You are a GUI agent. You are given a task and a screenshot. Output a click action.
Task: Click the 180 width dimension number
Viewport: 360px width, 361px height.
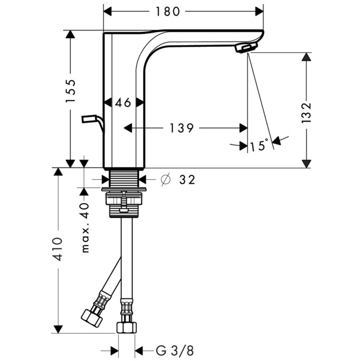[168, 11]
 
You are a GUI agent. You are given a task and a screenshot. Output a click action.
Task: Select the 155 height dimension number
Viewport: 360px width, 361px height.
[71, 91]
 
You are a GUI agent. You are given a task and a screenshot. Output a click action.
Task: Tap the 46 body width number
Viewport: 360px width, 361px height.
[123, 102]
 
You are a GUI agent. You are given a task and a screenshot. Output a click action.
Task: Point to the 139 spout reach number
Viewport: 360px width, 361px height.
[182, 128]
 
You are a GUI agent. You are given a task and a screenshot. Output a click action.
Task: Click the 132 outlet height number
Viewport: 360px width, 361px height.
[306, 113]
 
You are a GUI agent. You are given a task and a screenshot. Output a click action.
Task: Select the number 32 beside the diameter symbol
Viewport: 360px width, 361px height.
[187, 180]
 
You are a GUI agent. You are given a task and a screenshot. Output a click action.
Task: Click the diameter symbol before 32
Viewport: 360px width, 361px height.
[166, 179]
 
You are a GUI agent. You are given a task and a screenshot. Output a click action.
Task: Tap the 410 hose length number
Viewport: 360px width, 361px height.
[57, 249]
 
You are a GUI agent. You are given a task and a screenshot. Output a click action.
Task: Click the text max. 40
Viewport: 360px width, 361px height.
[85, 228]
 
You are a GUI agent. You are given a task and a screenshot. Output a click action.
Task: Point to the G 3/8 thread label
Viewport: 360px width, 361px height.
[175, 351]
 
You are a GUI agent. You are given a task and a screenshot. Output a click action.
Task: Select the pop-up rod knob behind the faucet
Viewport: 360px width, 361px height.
[89, 119]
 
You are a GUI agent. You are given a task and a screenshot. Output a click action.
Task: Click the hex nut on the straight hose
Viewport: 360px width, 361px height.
[126, 327]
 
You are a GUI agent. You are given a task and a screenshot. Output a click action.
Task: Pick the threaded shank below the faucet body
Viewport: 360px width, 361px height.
[124, 179]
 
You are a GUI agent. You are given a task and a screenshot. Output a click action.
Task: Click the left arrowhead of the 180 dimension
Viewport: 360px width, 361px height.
[108, 11]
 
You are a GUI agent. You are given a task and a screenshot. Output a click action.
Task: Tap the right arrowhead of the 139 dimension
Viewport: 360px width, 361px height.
[244, 128]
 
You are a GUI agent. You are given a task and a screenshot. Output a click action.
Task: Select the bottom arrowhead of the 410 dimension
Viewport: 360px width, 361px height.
[58, 329]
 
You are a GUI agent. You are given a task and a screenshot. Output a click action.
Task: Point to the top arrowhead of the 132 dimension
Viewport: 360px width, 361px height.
[306, 57]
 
